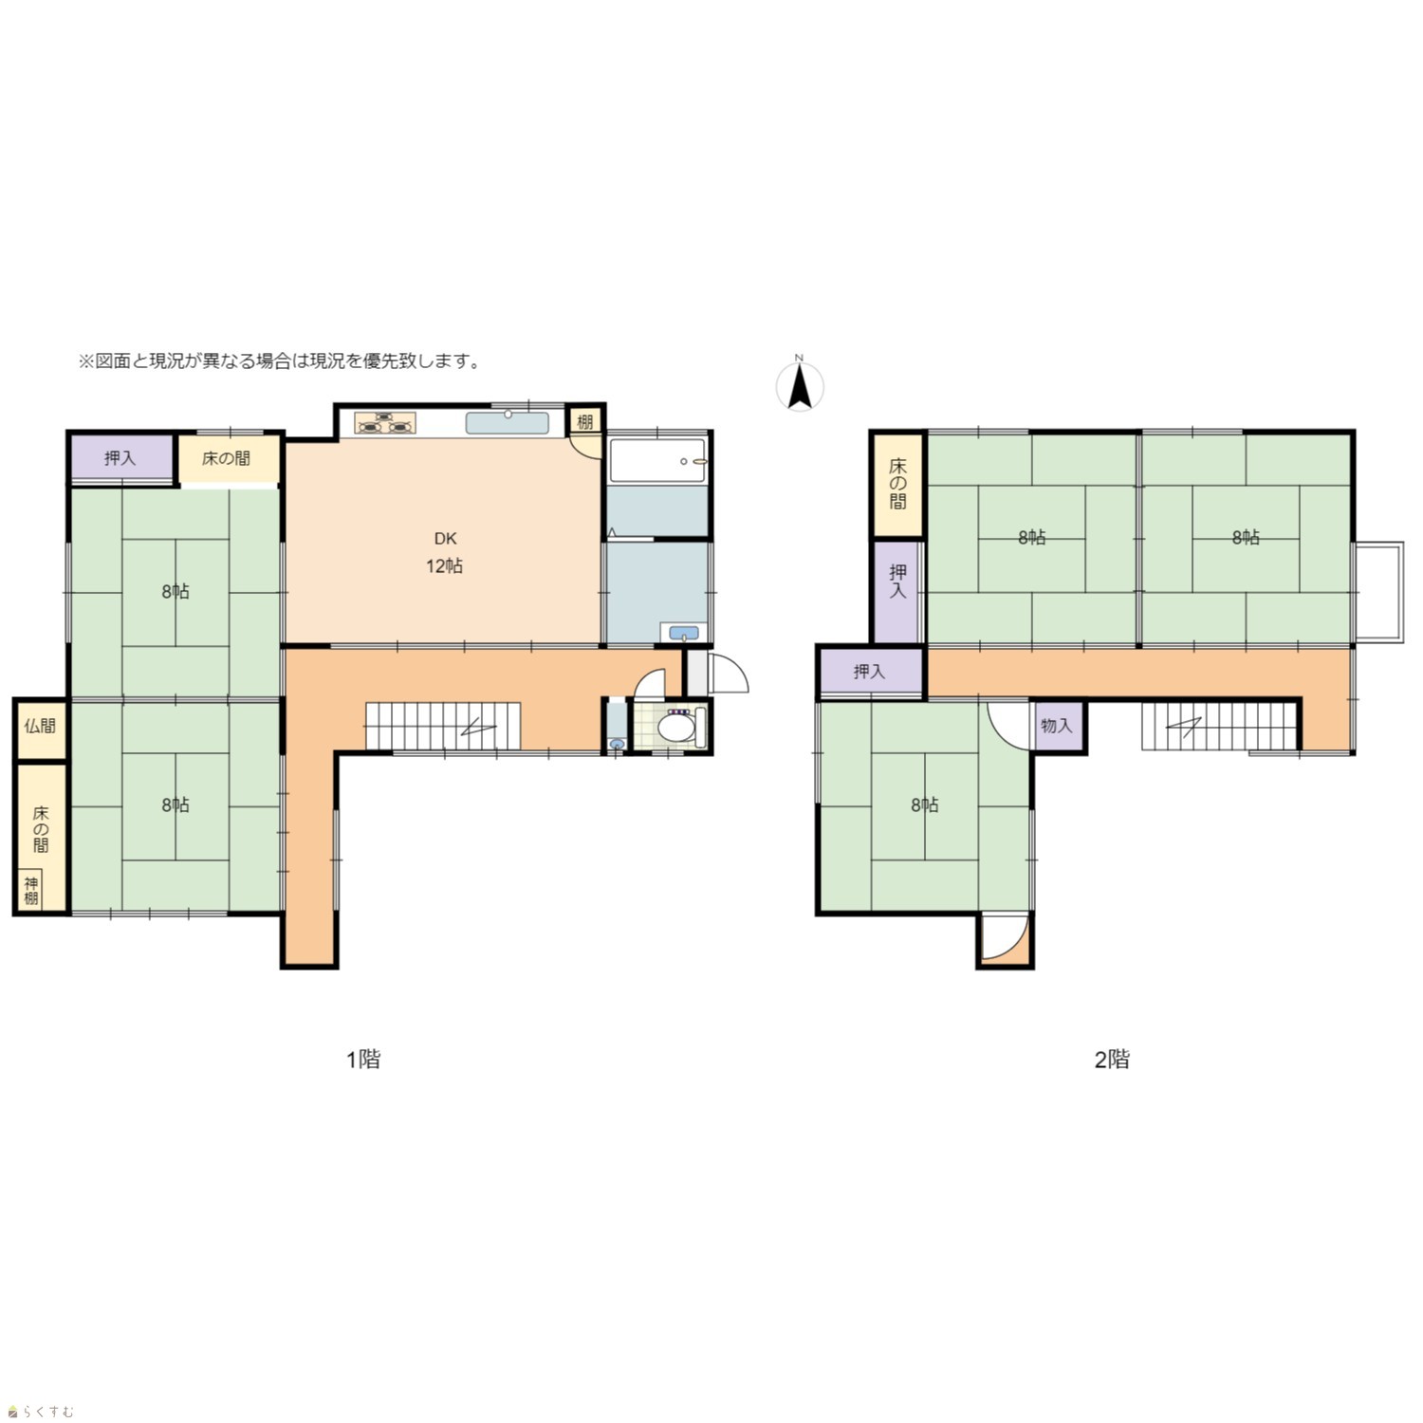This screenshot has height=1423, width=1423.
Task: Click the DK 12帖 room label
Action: pos(444,552)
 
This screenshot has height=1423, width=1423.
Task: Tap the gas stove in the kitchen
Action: pos(386,423)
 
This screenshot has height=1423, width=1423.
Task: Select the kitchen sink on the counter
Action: pos(508,422)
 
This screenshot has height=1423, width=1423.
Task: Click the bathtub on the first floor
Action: pos(657,460)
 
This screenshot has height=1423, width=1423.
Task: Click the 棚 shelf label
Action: pos(585,421)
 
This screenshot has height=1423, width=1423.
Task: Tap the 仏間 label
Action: pos(40,727)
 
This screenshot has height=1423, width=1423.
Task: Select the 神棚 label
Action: pos(31,891)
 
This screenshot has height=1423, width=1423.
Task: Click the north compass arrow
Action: pos(800,387)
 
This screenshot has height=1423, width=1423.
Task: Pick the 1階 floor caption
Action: pos(362,1059)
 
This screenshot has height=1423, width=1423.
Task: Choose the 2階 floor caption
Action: pos(1112,1059)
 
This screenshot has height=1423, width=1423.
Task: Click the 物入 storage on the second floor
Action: pos(1057,726)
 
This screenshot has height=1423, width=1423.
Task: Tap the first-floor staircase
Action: pos(444,727)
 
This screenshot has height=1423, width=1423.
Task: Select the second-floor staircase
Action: pos(1219,726)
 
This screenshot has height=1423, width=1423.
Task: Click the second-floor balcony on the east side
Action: pos(1378,593)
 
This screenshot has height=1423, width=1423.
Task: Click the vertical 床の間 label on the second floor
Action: pos(897,484)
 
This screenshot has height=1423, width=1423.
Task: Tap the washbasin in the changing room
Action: pos(683,632)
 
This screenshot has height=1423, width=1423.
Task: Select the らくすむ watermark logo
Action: pos(40,1412)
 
